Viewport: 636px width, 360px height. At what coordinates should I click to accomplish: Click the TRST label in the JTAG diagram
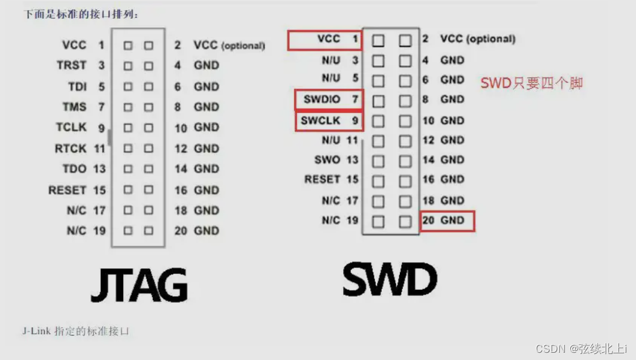point(72,65)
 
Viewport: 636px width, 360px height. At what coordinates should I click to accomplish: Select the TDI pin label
point(77,87)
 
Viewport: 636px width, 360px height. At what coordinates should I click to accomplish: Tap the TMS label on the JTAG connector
point(74,108)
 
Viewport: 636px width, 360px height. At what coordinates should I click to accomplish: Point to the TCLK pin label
point(71,127)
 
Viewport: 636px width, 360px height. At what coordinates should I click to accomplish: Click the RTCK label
point(71,149)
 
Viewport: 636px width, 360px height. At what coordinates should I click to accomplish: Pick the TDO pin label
point(74,169)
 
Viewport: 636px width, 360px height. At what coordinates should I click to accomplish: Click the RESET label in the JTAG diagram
point(67,190)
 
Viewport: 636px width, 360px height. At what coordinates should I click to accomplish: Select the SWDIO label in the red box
point(322,99)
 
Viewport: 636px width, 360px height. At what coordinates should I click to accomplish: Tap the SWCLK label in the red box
point(321,121)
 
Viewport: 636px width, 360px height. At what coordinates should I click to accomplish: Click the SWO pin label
point(327,160)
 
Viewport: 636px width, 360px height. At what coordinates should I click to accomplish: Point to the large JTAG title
point(139,285)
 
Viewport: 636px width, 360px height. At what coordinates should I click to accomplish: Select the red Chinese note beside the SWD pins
point(532,83)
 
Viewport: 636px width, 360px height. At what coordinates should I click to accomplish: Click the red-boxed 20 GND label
point(447,221)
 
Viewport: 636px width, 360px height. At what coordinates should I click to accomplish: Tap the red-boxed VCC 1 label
point(329,39)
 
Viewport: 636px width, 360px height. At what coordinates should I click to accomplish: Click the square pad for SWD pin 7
point(378,100)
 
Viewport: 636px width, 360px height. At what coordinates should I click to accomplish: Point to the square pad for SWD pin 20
point(405,222)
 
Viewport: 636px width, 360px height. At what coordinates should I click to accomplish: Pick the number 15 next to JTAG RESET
point(99,190)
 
